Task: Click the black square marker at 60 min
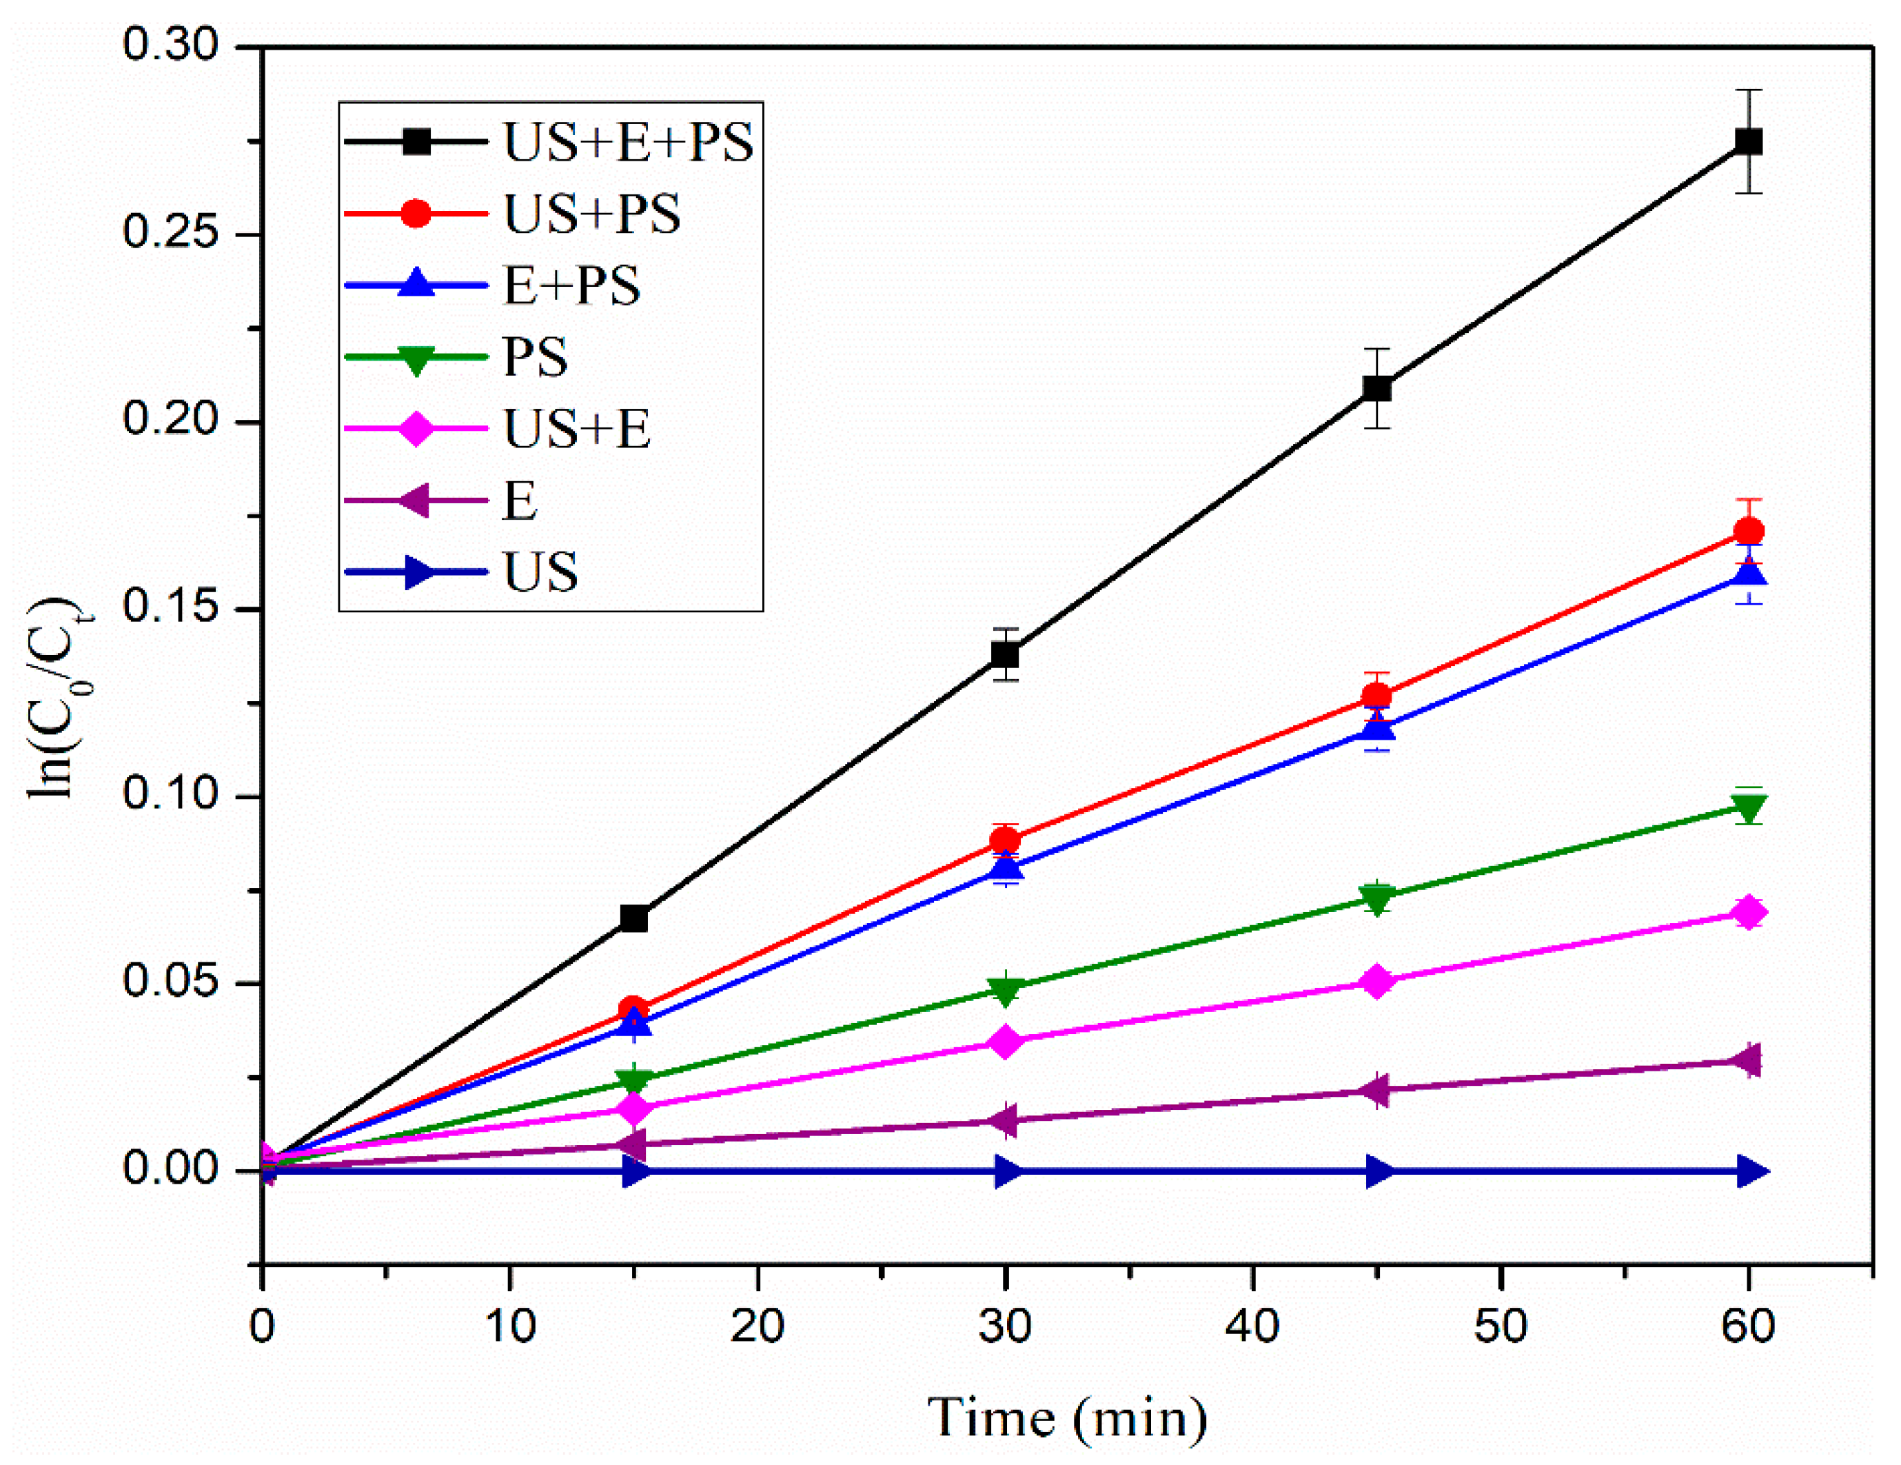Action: click(x=1748, y=141)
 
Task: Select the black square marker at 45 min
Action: click(x=1376, y=388)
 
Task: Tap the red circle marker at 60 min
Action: click(x=1748, y=531)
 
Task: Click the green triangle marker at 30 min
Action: click(x=1006, y=990)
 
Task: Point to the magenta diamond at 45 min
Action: click(x=1376, y=982)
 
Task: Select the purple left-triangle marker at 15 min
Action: click(x=633, y=1144)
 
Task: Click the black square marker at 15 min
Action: click(x=633, y=918)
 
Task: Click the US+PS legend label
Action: click(x=592, y=213)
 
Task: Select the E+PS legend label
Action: click(x=572, y=285)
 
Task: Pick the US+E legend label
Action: click(x=576, y=428)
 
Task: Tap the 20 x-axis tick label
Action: click(x=758, y=1326)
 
